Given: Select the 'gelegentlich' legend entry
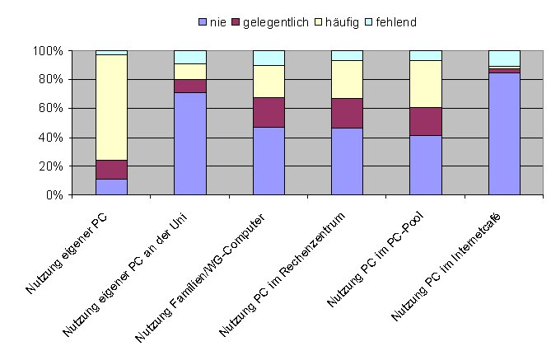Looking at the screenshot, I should [x=277, y=21].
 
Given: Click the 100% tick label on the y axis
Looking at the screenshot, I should [x=48, y=51].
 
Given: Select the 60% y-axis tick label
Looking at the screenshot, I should [x=51, y=109].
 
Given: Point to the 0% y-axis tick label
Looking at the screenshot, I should [x=54, y=195].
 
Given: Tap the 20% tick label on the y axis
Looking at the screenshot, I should [x=51, y=166].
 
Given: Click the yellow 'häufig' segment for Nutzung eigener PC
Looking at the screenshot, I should [x=111, y=107].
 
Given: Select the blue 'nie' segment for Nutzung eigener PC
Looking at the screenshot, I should [x=111, y=186].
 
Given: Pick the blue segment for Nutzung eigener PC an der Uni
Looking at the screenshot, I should [x=189, y=143].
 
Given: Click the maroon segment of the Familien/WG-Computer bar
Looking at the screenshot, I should [x=268, y=112].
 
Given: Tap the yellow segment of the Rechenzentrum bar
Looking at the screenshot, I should [x=347, y=79].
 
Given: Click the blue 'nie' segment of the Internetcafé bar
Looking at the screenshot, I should [x=504, y=133].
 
